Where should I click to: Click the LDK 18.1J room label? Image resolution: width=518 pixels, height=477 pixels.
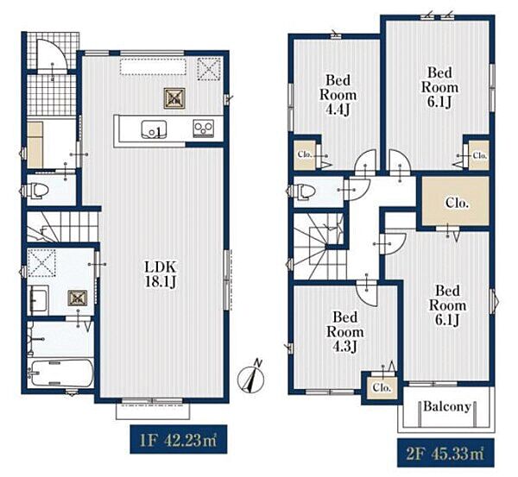click(161, 274)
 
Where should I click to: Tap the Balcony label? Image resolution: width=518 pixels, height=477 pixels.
click(447, 406)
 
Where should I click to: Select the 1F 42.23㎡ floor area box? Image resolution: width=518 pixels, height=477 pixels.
click(179, 439)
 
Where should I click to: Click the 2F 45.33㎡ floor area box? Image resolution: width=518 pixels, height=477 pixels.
click(445, 453)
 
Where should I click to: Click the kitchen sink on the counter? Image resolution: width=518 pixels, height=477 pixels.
click(154, 129)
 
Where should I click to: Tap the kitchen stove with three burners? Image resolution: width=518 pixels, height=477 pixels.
click(204, 129)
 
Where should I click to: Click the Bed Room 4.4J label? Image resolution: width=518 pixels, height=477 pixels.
click(338, 95)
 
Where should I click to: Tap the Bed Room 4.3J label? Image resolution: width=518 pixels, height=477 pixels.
click(344, 332)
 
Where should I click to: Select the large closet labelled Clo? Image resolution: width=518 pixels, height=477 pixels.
click(456, 201)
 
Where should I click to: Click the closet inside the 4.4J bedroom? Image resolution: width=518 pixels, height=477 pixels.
click(305, 155)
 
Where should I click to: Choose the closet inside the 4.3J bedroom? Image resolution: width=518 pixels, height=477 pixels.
click(382, 387)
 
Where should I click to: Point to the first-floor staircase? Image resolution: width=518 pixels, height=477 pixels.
click(62, 227)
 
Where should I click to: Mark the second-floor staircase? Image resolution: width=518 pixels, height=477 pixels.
click(319, 247)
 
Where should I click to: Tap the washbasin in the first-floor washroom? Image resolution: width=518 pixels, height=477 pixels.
click(39, 299)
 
